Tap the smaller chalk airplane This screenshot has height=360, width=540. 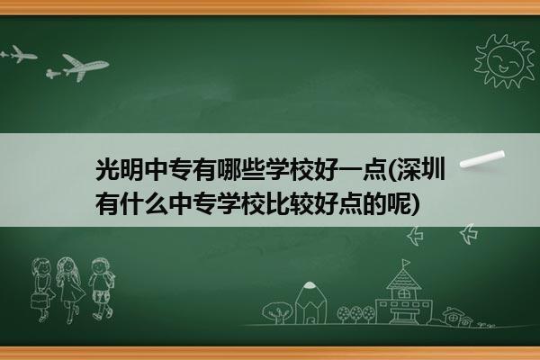point(20,54)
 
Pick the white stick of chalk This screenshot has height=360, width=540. point(482,159)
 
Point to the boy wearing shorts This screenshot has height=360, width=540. point(101,289)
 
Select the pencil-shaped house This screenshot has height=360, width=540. point(310,303)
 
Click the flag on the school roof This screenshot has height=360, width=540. point(406,263)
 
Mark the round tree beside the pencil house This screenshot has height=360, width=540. point(277,312)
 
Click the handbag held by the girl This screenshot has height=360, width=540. point(39,301)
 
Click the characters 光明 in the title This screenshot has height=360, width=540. point(120,169)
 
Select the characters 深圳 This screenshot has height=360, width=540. point(421,169)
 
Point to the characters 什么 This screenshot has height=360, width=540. point(144,203)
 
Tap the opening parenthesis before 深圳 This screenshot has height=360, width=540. point(391,169)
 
